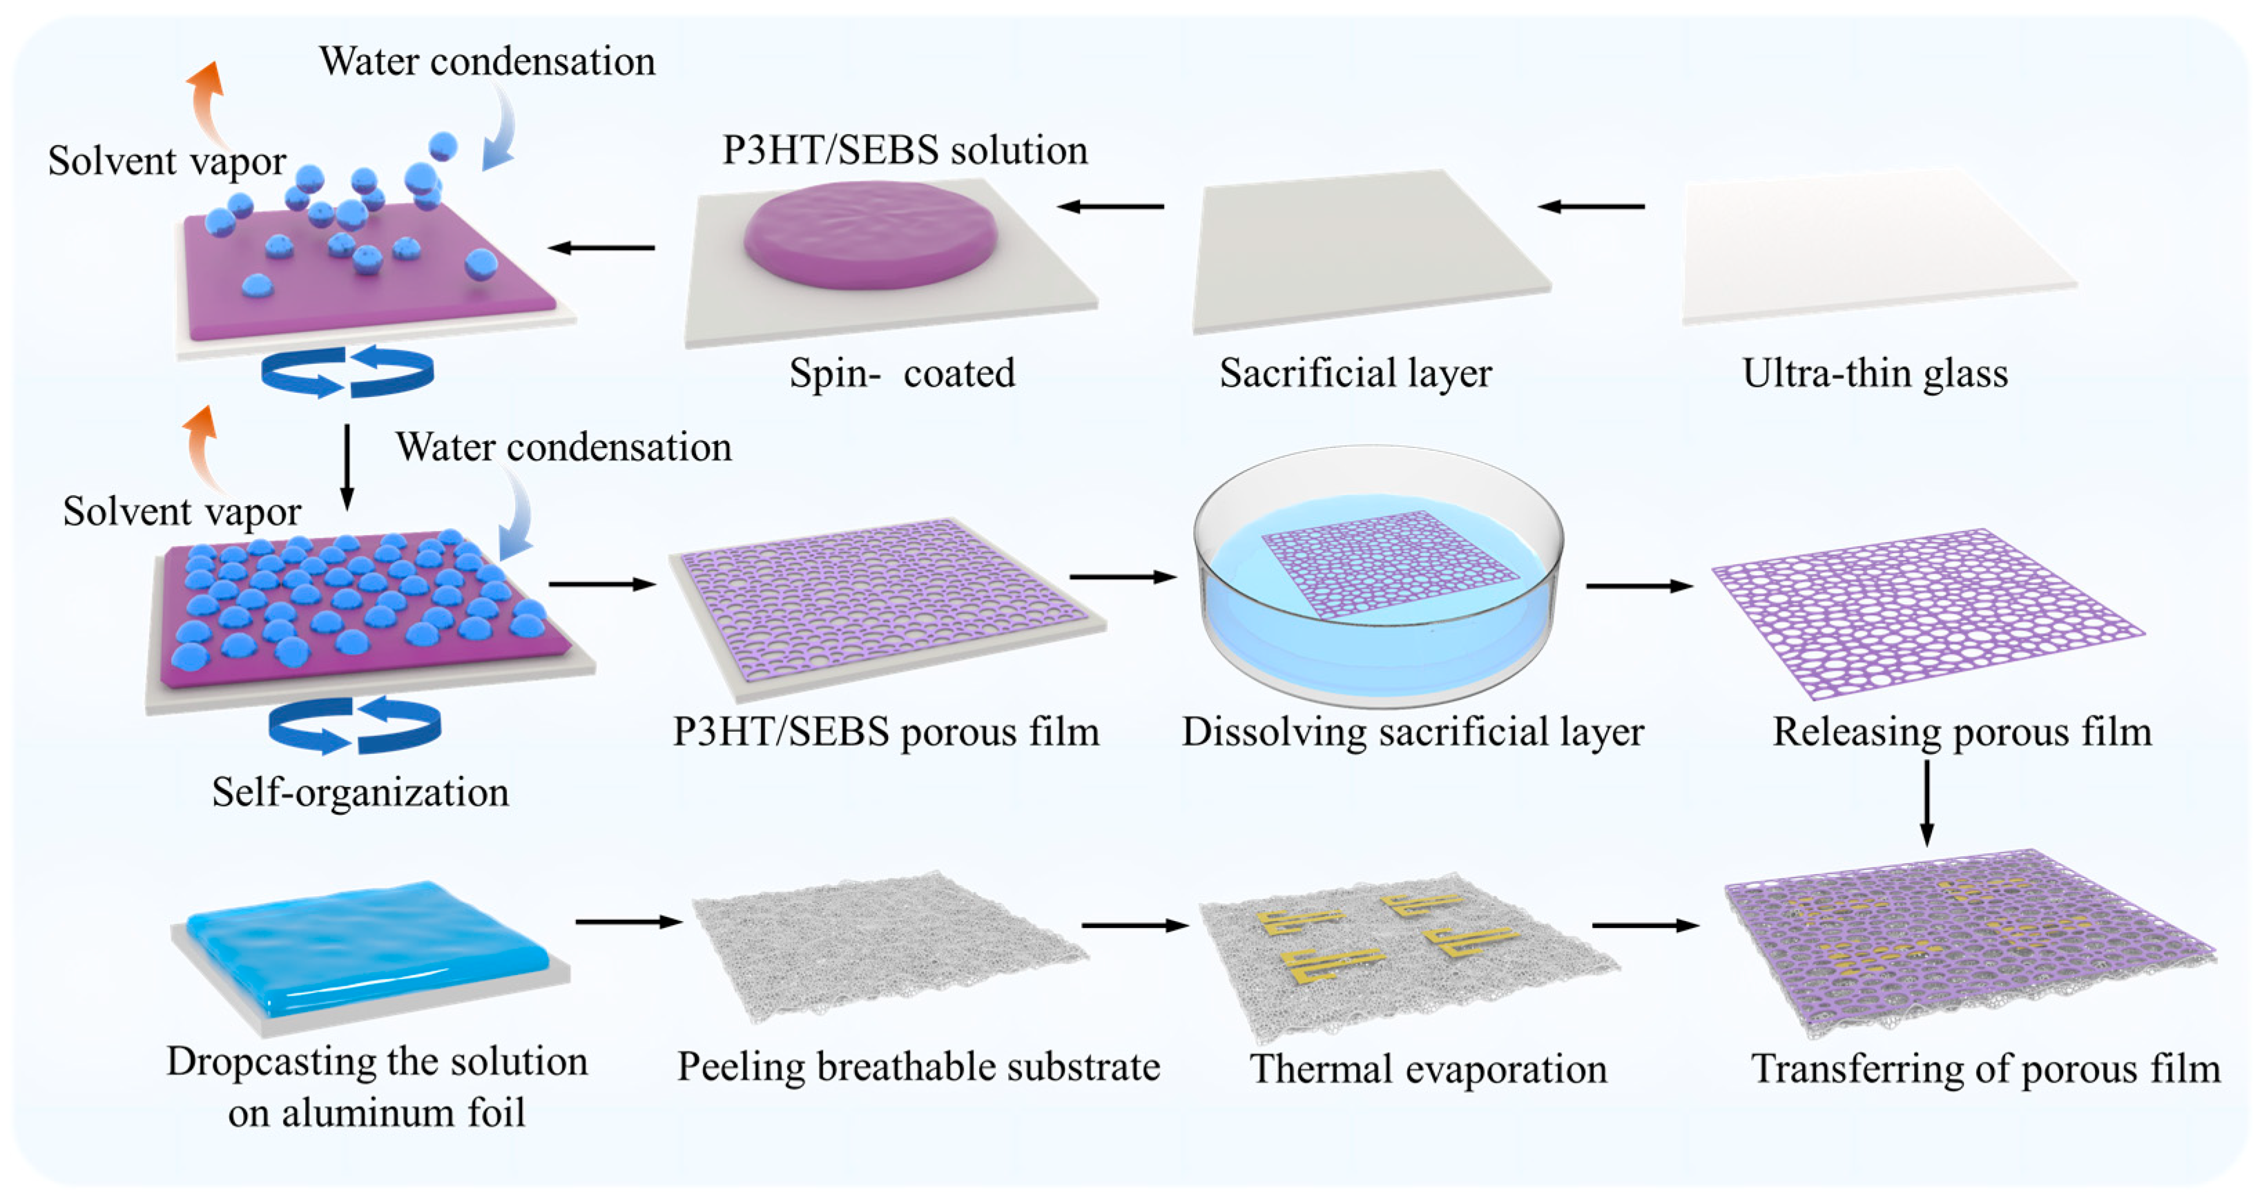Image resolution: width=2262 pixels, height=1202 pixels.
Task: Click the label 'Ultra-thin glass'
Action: pyautogui.click(x=1875, y=373)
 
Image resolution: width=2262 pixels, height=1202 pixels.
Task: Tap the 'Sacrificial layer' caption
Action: pyautogui.click(x=1355, y=373)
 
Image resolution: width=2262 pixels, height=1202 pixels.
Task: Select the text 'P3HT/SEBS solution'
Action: pyautogui.click(x=905, y=150)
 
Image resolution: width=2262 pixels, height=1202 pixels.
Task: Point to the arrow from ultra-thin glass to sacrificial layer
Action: pyautogui.click(x=1591, y=206)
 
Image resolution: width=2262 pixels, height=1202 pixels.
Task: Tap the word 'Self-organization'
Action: pyautogui.click(x=360, y=792)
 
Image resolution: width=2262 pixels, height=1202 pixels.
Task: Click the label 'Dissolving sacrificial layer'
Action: pyautogui.click(x=1412, y=731)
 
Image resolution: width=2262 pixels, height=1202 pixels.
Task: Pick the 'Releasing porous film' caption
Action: pyautogui.click(x=1962, y=731)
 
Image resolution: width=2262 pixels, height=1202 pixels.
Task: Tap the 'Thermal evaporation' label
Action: pyautogui.click(x=1428, y=1069)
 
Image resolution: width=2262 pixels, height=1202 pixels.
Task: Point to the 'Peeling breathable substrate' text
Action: pyautogui.click(x=918, y=1067)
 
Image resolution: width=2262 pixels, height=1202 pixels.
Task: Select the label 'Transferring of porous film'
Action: pyautogui.click(x=1985, y=1069)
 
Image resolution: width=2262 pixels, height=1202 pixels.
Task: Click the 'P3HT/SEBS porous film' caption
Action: pyautogui.click(x=885, y=731)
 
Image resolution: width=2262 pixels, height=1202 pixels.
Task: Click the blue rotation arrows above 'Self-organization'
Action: pyautogui.click(x=354, y=725)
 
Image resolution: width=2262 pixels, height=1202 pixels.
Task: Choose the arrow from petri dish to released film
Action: pyautogui.click(x=1638, y=585)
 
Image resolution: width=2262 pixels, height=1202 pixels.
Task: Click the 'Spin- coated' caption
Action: pyautogui.click(x=902, y=373)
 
